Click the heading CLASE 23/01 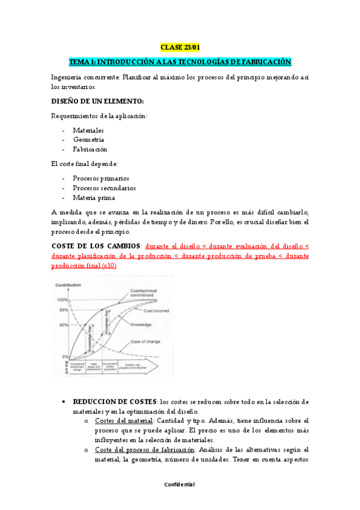tap(180, 47)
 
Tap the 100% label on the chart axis tap(63, 300)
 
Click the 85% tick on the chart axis tap(63, 310)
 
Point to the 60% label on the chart tap(63, 325)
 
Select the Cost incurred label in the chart tap(156, 311)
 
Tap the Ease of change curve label tap(146, 343)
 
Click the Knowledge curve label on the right tap(140, 325)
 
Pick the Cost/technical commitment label tap(143, 293)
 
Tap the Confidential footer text tap(180, 485)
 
